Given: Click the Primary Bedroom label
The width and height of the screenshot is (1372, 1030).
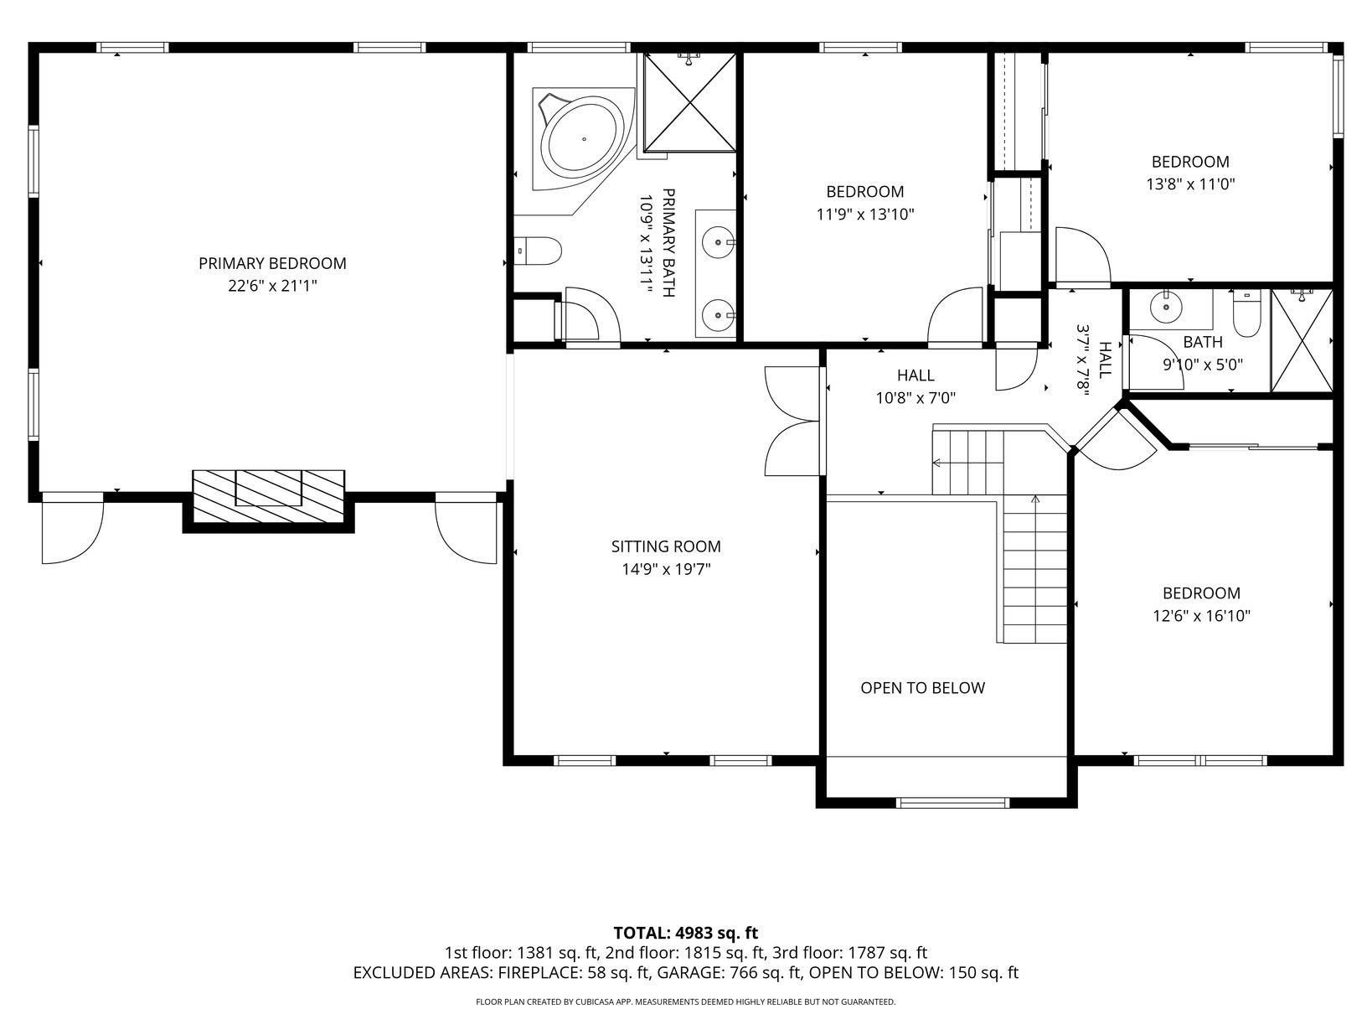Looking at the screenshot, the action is click(x=272, y=263).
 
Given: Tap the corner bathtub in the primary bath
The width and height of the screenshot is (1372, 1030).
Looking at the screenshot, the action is click(x=582, y=139).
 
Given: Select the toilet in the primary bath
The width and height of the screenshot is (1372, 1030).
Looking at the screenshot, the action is click(x=538, y=251).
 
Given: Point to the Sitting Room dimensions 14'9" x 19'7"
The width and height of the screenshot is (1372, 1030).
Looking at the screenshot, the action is click(x=666, y=570).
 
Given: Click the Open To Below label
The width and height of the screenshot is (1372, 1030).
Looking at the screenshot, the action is click(x=922, y=688).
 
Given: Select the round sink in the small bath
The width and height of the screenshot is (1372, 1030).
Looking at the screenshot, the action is click(x=1166, y=307).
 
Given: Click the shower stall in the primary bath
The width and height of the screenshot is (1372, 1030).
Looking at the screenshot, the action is click(x=690, y=102).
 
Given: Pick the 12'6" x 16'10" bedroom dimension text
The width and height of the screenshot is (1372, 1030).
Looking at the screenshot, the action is click(x=1201, y=616).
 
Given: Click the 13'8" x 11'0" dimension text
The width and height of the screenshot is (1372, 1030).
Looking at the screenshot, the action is click(x=1190, y=184).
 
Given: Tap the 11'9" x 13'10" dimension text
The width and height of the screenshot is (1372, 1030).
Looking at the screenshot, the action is click(x=865, y=215).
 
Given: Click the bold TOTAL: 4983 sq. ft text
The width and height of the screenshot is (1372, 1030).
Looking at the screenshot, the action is click(x=686, y=933).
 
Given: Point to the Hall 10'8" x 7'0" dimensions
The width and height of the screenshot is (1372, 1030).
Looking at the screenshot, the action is click(x=916, y=398).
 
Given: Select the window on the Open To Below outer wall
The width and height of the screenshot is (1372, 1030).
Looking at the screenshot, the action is click(x=952, y=802).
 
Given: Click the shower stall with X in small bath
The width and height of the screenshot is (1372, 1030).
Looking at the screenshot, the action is click(x=1302, y=341).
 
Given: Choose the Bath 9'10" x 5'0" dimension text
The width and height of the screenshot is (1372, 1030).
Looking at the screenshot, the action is click(x=1203, y=365).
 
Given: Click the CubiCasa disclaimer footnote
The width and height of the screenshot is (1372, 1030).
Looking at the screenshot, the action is click(x=686, y=1002).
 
